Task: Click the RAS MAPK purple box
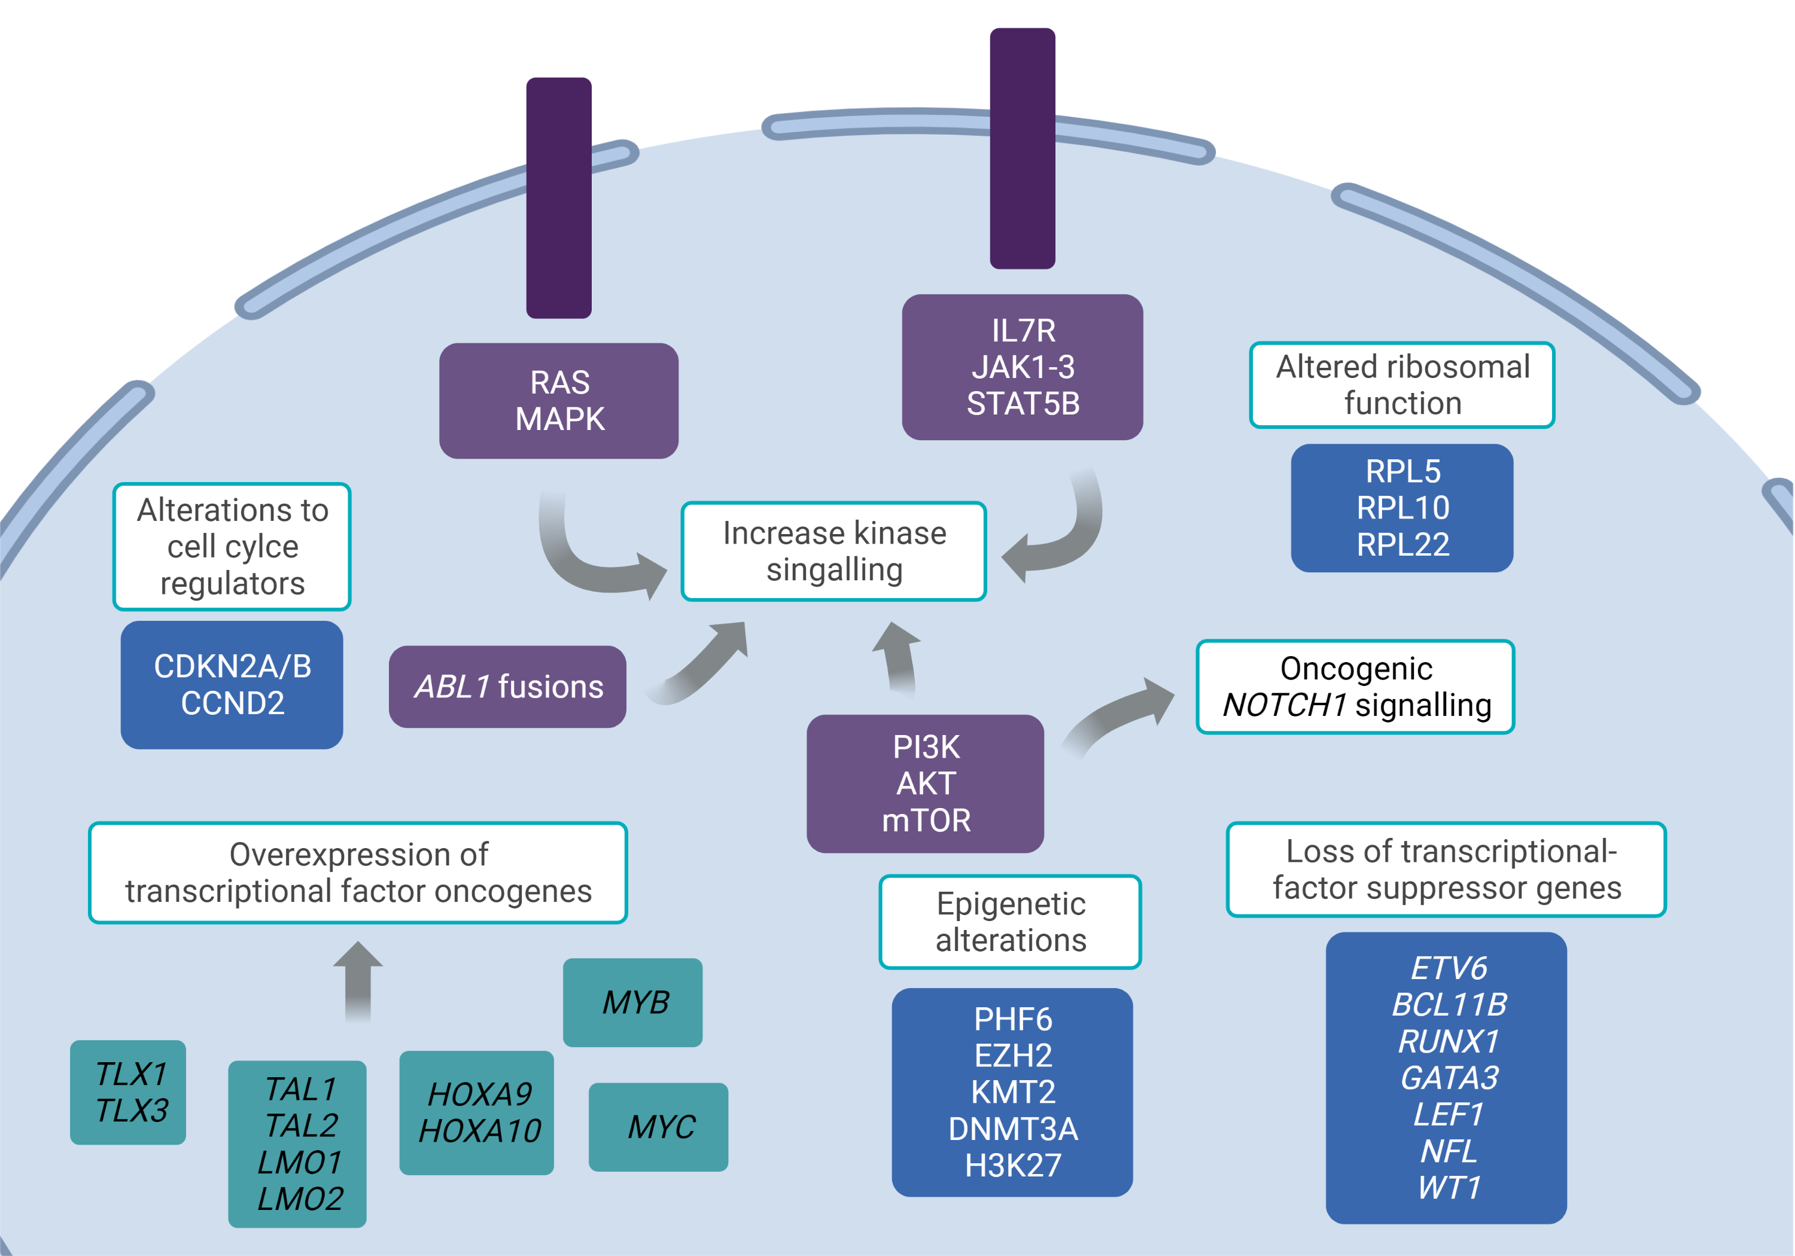point(558,401)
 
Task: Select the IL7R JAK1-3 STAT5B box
point(1022,367)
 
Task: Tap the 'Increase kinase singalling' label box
point(833,551)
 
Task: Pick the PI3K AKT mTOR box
point(925,783)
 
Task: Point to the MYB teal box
point(632,1002)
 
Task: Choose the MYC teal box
point(658,1126)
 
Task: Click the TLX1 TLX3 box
point(128,1092)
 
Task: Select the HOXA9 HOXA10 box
point(477,1112)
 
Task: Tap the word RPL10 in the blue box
point(1402,508)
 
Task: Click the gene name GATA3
point(1449,1078)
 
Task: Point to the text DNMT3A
point(1012,1129)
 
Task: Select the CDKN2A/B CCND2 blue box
point(232,685)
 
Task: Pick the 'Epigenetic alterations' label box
point(1010,922)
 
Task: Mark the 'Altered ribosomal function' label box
point(1402,385)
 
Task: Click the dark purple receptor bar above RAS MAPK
point(558,198)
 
